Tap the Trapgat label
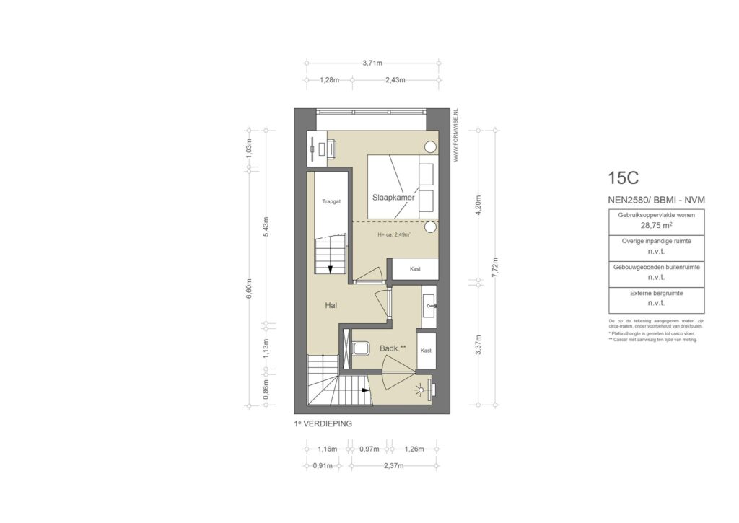332,203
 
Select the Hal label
331,305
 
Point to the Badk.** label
393,349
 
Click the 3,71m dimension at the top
372,63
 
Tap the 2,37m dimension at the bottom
393,466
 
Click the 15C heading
624,177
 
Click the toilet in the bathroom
359,349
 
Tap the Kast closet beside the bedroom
415,268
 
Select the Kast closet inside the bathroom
426,351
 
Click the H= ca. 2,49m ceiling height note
394,235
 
